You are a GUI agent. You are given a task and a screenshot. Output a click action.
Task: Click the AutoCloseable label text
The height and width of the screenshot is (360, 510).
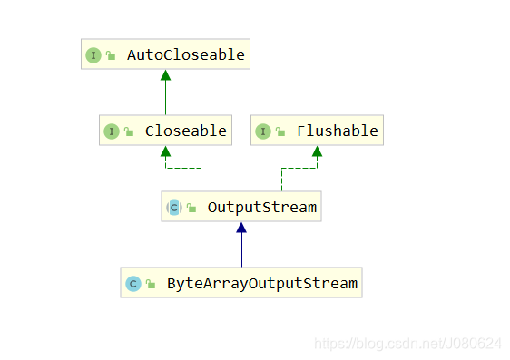click(185, 54)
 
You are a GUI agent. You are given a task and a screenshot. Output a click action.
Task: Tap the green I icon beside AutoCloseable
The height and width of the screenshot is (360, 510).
click(93, 54)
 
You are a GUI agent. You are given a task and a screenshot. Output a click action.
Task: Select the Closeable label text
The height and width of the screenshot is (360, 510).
click(185, 131)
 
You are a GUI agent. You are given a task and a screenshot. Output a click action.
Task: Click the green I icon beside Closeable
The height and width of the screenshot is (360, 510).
click(111, 131)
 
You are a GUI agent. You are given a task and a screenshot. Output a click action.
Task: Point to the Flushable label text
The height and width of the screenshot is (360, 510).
click(337, 131)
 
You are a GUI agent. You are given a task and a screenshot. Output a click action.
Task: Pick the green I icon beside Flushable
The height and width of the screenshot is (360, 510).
click(263, 131)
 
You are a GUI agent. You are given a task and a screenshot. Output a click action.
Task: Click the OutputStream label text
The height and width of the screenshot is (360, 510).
click(261, 207)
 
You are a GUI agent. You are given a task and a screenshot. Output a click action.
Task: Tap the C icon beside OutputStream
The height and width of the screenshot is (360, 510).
click(174, 207)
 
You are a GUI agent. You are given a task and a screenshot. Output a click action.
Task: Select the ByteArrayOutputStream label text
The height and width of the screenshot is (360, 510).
click(262, 283)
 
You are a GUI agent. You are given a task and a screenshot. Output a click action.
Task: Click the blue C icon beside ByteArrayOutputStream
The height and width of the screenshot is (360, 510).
click(132, 283)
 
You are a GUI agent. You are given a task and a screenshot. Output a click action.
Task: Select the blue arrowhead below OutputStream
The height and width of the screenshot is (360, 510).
click(241, 229)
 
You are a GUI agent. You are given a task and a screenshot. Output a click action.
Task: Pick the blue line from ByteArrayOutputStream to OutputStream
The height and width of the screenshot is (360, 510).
click(241, 250)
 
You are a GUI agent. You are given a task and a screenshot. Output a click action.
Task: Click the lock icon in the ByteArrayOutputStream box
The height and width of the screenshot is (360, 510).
click(150, 284)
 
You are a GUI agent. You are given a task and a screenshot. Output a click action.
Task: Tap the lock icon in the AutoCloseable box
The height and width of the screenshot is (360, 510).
click(110, 55)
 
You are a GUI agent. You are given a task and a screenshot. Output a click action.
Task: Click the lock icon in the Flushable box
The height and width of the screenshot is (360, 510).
click(280, 131)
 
